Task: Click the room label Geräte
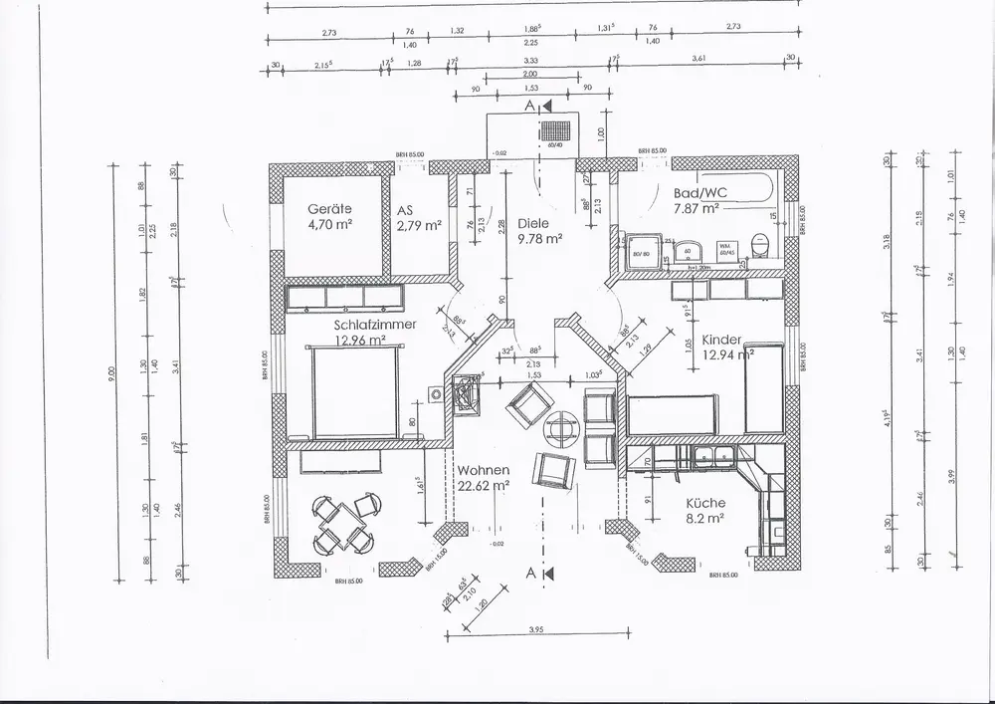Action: pos(329,210)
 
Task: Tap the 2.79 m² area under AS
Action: pos(418,226)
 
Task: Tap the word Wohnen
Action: pos(484,470)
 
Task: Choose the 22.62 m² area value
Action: pos(484,486)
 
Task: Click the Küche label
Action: pos(704,503)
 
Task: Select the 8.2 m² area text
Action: pos(703,519)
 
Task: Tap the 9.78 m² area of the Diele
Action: pos(540,239)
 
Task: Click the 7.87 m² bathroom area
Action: pos(696,208)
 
